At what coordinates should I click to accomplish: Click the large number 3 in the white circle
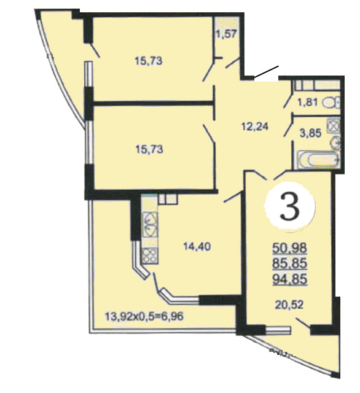(289, 207)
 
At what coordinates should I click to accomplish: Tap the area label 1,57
(226, 34)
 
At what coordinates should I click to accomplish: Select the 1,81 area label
(308, 103)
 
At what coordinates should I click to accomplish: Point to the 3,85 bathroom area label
(310, 133)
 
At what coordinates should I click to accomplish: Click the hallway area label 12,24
(255, 126)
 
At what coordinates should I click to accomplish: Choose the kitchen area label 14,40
(197, 247)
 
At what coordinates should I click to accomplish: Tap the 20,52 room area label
(289, 305)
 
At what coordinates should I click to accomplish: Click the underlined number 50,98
(289, 248)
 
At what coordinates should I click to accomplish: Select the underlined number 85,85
(289, 263)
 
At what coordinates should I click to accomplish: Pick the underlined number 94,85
(289, 279)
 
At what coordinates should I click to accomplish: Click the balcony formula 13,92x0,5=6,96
(144, 316)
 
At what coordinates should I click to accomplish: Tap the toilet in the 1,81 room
(331, 103)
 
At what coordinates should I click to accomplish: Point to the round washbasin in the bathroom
(334, 143)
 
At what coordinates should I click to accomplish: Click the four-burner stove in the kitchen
(150, 255)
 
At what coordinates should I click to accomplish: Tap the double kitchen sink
(150, 225)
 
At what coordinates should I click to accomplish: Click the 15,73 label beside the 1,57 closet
(149, 61)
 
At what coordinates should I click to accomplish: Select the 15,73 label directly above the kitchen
(149, 149)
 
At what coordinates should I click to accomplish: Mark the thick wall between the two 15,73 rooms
(152, 103)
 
